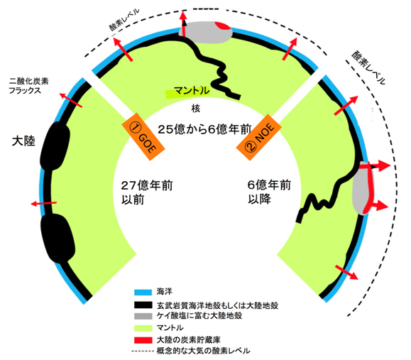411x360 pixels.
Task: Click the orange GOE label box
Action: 143,137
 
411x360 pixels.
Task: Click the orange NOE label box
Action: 259,137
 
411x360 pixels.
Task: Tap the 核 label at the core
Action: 195,108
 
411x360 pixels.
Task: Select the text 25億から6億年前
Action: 204,129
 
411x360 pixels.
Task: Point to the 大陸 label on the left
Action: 23,141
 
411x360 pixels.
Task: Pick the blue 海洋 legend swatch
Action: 143,292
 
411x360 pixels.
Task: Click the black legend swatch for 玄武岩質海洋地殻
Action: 143,305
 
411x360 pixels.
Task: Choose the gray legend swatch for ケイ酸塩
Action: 143,316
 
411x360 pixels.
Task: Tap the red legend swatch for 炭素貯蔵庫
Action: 143,340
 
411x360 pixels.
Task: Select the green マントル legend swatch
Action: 143,328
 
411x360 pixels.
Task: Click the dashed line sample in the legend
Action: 143,351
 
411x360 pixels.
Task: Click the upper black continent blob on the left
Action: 55,146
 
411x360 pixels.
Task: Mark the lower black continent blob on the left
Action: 57,238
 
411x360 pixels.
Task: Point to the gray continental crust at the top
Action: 205,32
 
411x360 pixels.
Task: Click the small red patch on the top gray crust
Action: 222,26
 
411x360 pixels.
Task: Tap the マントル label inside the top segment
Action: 192,91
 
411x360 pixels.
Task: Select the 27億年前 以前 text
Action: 146,192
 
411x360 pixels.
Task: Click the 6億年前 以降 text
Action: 269,192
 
